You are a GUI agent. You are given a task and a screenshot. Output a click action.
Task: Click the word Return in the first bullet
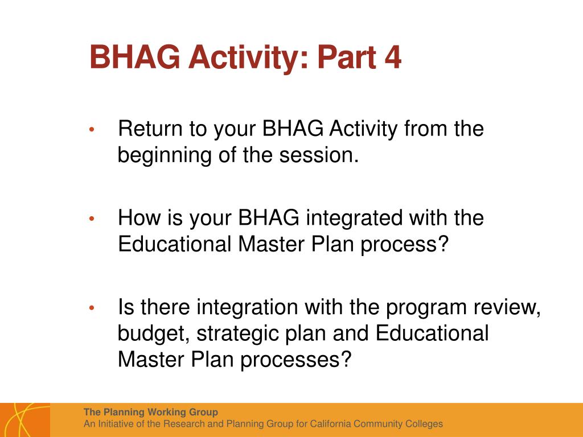coord(150,129)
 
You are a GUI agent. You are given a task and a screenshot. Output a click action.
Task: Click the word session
coord(319,155)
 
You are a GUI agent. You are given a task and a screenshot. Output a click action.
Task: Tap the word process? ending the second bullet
coord(405,245)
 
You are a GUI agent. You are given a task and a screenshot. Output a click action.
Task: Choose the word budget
coord(154,333)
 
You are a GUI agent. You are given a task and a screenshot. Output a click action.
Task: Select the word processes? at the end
coord(296,360)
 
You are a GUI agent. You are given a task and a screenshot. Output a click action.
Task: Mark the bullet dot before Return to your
coord(92,130)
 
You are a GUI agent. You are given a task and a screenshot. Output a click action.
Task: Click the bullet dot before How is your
coord(92,219)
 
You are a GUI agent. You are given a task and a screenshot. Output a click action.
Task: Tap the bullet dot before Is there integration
coord(92,308)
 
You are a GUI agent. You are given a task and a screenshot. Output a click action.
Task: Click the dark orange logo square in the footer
coord(25,420)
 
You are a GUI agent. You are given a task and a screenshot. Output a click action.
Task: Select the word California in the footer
coord(330,423)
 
